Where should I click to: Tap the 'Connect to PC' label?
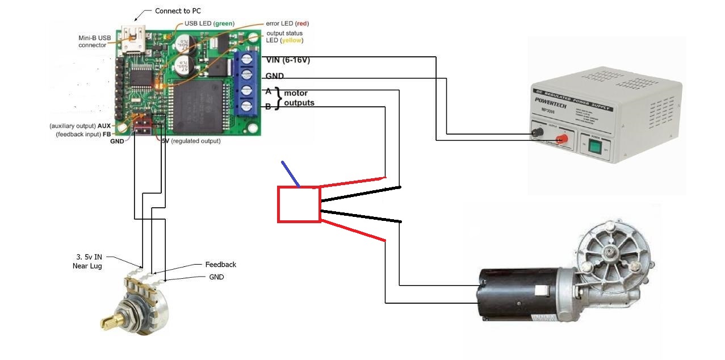click(178, 11)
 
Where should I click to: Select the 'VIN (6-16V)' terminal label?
click(288, 60)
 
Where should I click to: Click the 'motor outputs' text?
click(299, 98)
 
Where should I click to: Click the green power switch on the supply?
click(595, 147)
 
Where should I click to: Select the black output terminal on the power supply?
click(535, 134)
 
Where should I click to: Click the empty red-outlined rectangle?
click(299, 204)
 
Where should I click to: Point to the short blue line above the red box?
click(291, 174)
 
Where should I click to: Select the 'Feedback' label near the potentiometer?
click(220, 265)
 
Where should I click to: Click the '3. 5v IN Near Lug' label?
click(87, 261)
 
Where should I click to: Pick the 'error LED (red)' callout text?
click(287, 23)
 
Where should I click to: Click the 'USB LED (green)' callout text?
click(209, 23)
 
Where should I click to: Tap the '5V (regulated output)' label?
click(191, 141)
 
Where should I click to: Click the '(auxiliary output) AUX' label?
click(80, 125)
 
